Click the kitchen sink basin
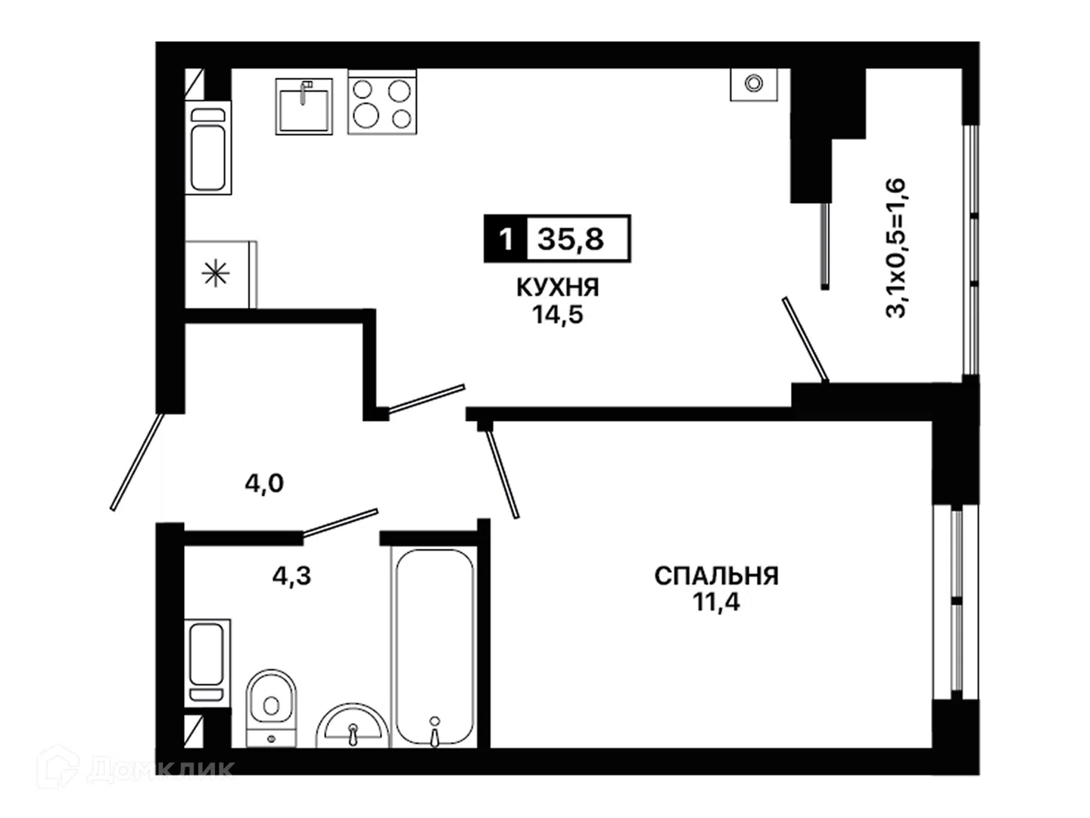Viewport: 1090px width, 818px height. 304,106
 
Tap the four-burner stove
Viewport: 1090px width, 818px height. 381,101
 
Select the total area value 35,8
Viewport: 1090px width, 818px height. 571,239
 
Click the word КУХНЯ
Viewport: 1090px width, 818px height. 558,288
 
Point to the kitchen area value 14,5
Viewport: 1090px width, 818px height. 558,314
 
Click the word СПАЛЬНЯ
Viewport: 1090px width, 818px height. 716,576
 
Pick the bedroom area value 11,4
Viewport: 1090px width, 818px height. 716,602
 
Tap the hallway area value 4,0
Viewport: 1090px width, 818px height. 264,483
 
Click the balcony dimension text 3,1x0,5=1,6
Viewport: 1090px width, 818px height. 895,248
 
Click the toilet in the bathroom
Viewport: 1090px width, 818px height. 271,707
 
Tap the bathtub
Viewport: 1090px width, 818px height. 434,647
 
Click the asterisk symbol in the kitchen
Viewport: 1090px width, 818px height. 216,273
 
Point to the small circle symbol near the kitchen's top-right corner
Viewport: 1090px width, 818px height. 754,83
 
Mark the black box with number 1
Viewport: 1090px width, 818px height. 506,239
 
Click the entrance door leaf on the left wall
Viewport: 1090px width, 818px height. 136,462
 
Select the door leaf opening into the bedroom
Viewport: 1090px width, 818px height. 503,474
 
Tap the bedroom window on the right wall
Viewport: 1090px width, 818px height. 956,603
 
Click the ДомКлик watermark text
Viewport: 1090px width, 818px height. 160,770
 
